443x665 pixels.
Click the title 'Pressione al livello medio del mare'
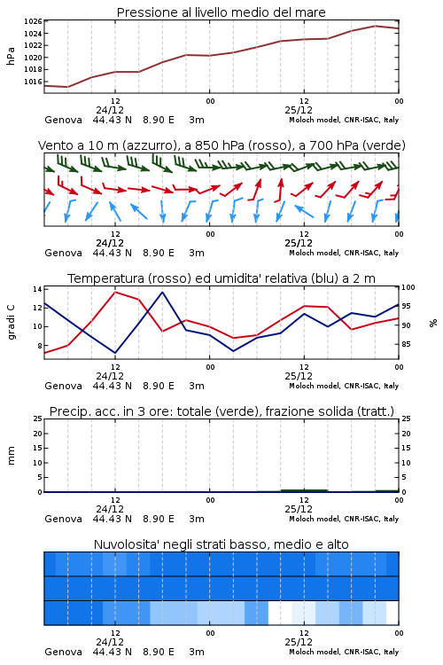tap(221, 12)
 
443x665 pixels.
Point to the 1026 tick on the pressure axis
tap(33, 21)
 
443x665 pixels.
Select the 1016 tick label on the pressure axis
tap(33, 82)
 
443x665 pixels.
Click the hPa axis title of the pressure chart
tap(11, 56)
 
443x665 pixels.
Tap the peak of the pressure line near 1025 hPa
tap(375, 26)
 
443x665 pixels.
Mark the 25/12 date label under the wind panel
tap(299, 243)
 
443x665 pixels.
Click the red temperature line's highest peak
tap(115, 292)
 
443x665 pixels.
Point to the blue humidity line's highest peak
tap(162, 292)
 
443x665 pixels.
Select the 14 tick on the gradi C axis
tap(37, 289)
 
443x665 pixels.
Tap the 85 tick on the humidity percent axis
tap(406, 344)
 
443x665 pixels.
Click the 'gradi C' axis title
tap(11, 323)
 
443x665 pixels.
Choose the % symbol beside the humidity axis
tap(433, 323)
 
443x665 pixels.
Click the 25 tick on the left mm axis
tap(37, 419)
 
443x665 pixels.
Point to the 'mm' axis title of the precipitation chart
tap(11, 456)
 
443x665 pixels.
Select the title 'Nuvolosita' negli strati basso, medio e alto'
tap(221, 544)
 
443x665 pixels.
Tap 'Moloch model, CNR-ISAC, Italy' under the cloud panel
tap(344, 652)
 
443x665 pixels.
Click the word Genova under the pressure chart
tap(63, 120)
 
